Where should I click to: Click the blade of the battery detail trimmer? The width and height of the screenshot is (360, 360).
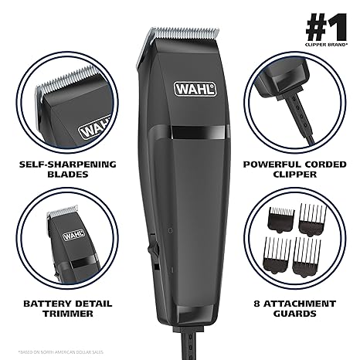[x=56, y=212]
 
